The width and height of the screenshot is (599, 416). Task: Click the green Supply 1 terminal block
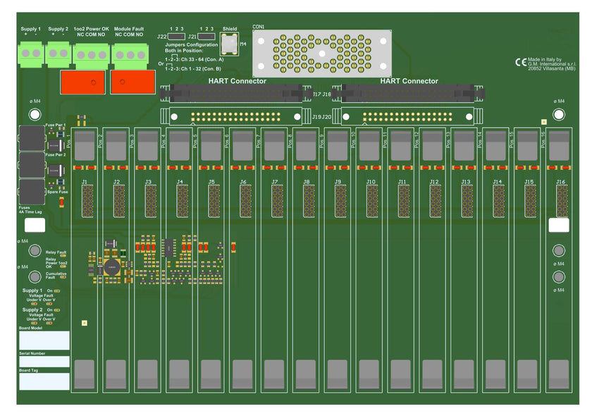click(31, 53)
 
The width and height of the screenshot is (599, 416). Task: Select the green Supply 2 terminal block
click(58, 53)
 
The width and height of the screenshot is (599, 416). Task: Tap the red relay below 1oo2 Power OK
click(82, 82)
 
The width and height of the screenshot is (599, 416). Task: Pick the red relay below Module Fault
click(132, 82)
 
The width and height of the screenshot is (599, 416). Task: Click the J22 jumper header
click(177, 36)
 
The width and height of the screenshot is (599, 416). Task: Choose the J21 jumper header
click(206, 36)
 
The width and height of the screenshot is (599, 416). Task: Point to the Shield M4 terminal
click(229, 44)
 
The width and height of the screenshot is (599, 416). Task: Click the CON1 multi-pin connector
click(321, 54)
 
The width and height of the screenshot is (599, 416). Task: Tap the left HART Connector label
click(237, 81)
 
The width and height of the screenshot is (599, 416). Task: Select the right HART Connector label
click(409, 81)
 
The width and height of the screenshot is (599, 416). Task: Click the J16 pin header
click(561, 201)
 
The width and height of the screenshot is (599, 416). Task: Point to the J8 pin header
click(308, 201)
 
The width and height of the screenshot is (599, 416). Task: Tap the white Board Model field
click(44, 341)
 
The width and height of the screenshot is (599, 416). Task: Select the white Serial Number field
click(44, 362)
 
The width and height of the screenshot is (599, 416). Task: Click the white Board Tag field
click(44, 381)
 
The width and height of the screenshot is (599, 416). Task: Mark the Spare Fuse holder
click(32, 190)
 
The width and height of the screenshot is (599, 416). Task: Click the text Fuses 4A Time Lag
click(30, 210)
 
